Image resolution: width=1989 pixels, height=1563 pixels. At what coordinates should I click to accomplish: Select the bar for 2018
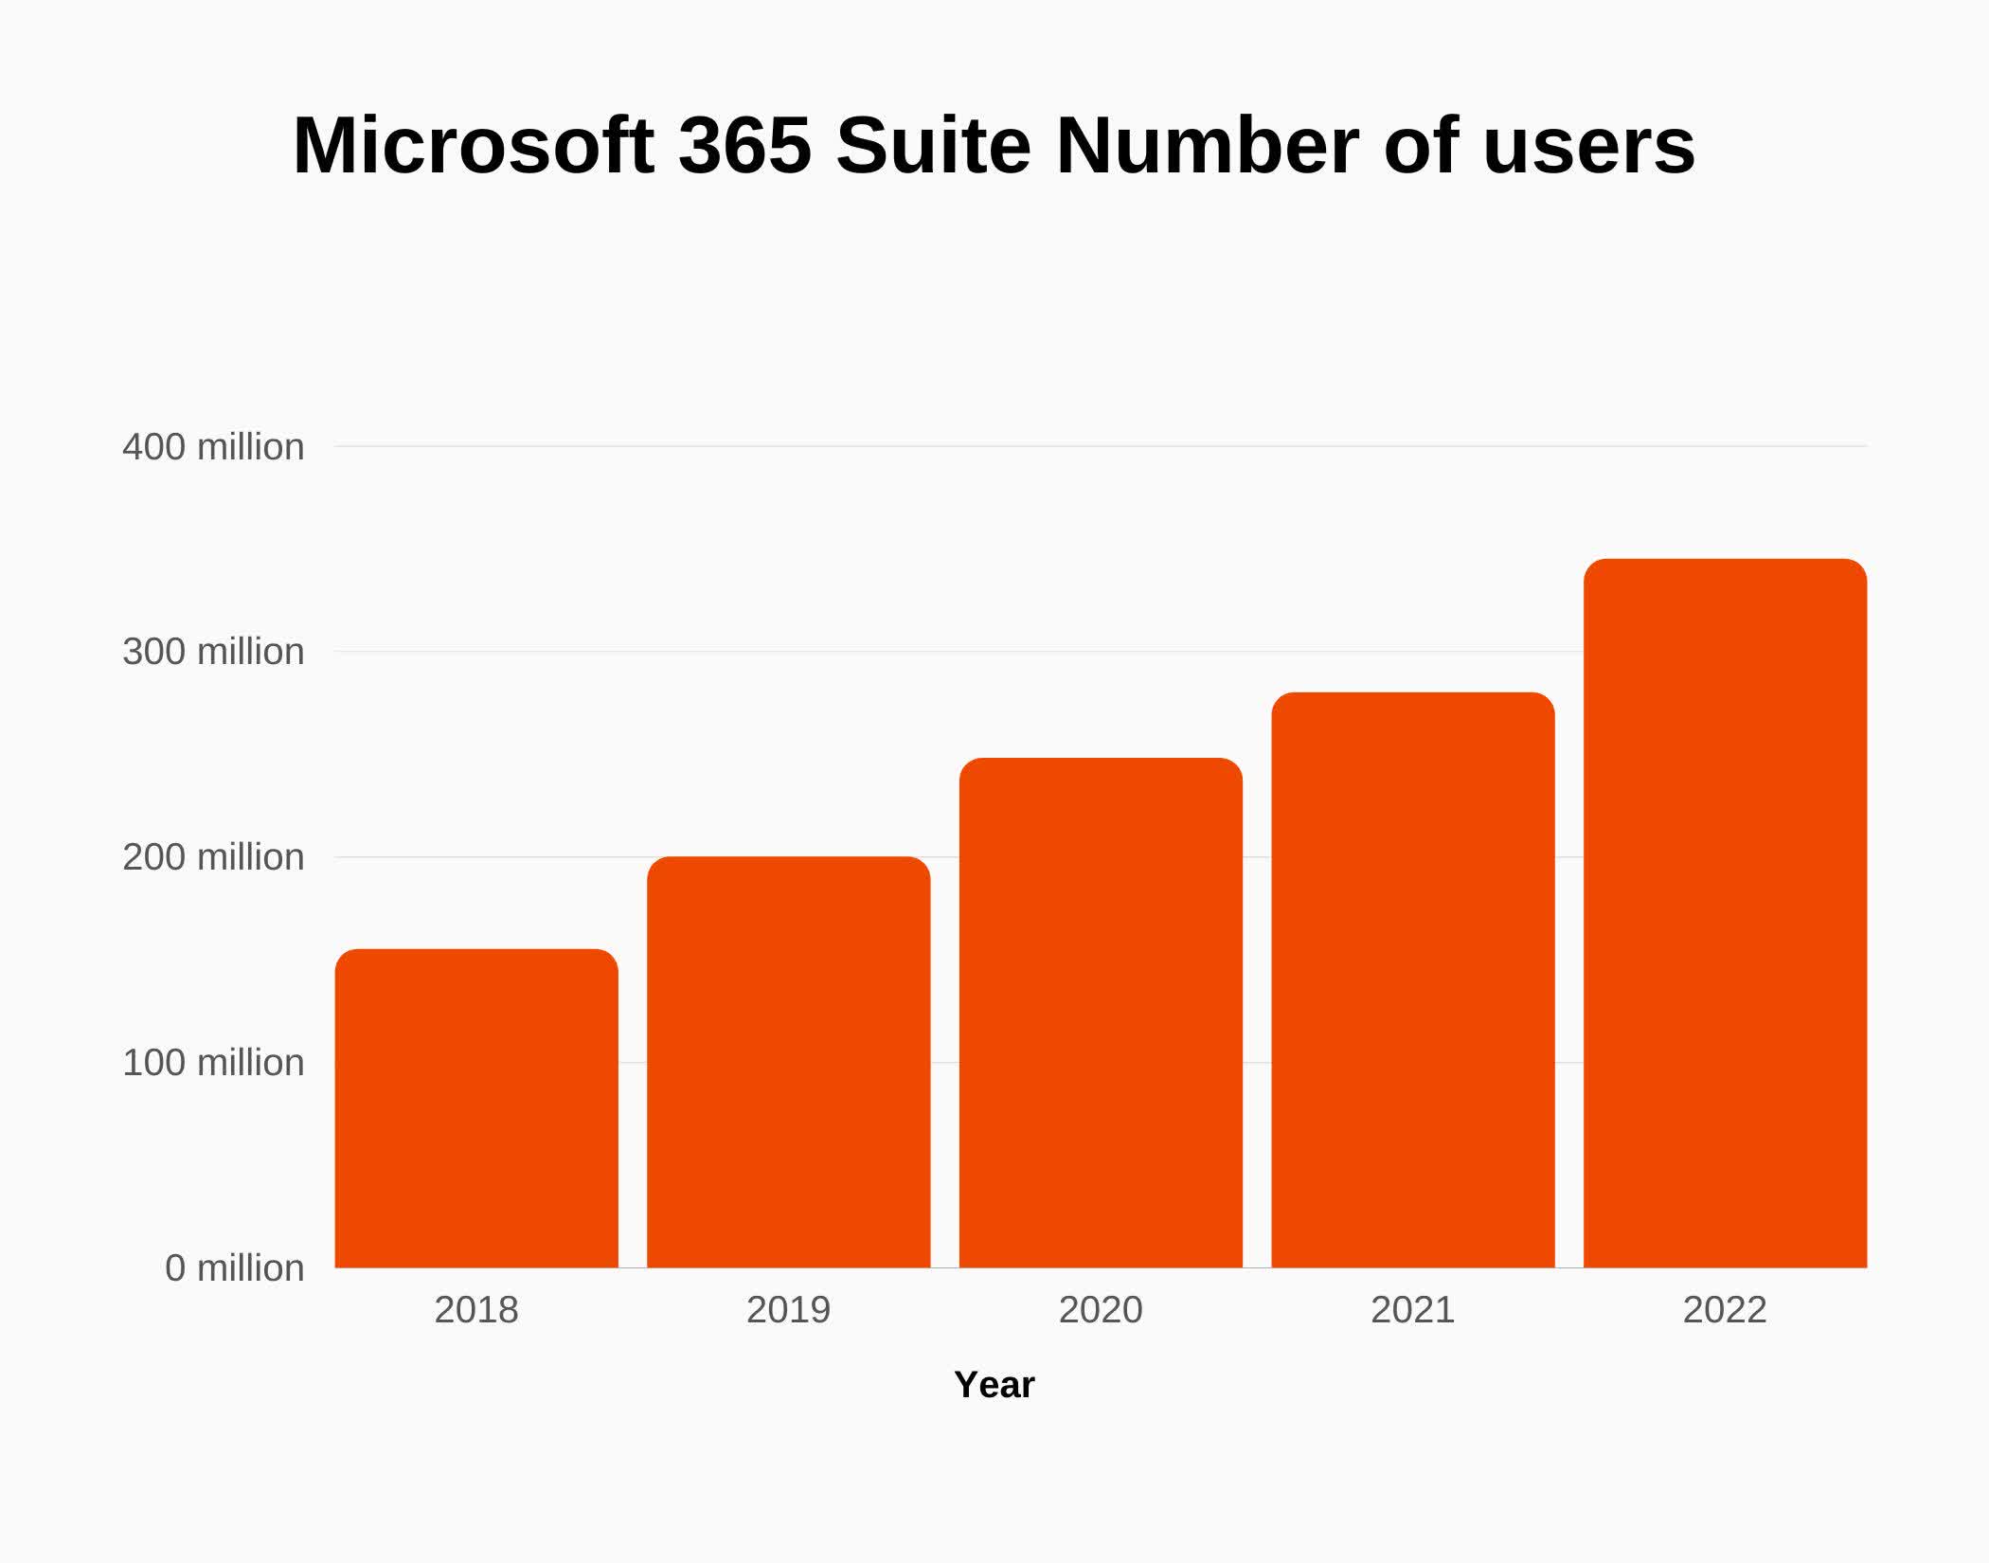point(476,1108)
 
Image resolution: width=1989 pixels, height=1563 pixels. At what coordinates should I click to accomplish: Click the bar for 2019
point(788,1061)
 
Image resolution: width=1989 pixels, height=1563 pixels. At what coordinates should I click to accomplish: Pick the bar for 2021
point(1412,979)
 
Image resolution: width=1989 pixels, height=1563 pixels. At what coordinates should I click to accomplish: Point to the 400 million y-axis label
point(213,447)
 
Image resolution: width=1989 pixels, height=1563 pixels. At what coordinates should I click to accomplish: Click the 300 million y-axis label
point(213,652)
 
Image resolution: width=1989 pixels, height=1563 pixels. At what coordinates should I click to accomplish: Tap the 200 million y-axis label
point(213,857)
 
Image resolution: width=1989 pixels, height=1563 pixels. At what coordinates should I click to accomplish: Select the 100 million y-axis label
point(213,1063)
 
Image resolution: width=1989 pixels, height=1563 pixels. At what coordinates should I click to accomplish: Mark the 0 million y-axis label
point(234,1268)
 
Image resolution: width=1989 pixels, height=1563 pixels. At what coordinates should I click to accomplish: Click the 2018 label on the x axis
point(476,1310)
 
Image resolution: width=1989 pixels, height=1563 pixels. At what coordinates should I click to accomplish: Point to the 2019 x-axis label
point(788,1310)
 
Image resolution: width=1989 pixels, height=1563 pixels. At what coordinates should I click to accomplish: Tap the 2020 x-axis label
point(1101,1310)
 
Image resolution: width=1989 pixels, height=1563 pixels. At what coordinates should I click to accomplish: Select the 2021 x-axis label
point(1412,1310)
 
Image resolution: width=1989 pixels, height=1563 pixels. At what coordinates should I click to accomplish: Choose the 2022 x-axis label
point(1725,1310)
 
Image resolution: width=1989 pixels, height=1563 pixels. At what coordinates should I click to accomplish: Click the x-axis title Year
point(994,1385)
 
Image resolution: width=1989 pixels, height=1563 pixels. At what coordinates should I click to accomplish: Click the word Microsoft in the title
point(474,146)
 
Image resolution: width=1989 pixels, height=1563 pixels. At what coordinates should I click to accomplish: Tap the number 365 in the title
point(745,146)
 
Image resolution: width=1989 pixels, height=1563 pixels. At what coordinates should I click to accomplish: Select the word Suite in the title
point(933,146)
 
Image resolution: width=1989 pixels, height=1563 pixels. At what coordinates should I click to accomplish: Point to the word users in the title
point(1588,146)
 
